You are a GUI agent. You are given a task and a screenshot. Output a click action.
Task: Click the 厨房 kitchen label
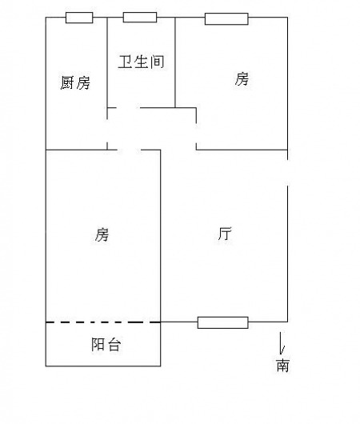[75, 82]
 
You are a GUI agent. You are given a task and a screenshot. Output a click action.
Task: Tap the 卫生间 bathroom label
[141, 62]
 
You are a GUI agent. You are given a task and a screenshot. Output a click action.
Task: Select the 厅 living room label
[225, 234]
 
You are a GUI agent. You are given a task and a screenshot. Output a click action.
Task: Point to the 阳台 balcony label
[106, 345]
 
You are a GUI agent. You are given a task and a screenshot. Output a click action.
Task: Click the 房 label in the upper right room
[242, 79]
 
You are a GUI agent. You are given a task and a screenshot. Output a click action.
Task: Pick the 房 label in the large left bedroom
[102, 234]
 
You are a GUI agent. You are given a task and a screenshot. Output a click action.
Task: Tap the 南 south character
[282, 365]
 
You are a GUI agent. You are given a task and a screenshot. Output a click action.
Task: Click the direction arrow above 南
[282, 343]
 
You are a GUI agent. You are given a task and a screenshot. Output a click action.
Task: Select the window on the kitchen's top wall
[79, 18]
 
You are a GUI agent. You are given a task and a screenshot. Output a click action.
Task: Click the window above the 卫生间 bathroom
[140, 18]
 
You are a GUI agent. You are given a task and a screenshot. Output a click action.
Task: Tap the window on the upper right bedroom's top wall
[226, 19]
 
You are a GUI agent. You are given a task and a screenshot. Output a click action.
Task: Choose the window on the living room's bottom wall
[223, 322]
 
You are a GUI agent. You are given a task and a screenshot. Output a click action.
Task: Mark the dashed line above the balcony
[103, 322]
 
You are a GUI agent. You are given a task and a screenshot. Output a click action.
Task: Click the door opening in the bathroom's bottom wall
[129, 108]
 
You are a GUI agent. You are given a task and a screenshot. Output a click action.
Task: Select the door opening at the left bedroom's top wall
[130, 150]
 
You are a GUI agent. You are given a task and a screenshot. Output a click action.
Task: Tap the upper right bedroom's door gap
[196, 134]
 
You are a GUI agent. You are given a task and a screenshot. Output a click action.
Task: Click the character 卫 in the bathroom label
[126, 62]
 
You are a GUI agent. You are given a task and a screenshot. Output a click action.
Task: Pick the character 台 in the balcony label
[114, 345]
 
